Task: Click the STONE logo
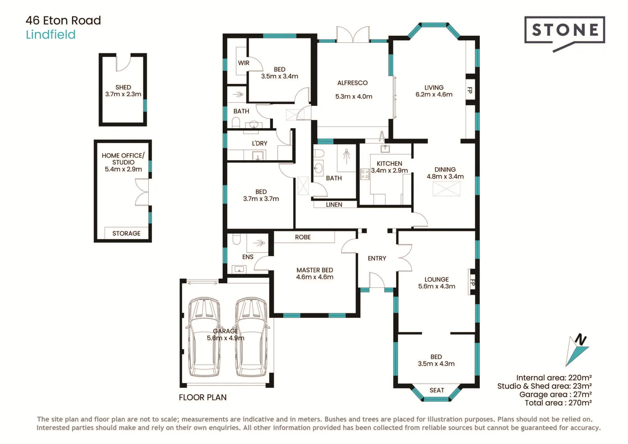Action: pos(564,30)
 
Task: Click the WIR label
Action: pos(244,63)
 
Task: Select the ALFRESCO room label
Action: pos(352,83)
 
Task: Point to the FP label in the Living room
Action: pos(470,90)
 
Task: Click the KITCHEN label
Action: pos(389,163)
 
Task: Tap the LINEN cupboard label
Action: pos(334,204)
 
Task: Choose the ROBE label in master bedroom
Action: pos(302,237)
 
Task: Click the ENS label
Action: pos(248,257)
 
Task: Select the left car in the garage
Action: pos(204,337)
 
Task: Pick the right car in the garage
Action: pos(251,337)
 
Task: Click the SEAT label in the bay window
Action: pos(436,390)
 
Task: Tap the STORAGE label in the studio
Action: pos(126,233)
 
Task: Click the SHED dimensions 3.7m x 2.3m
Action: pos(123,94)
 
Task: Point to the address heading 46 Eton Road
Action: pos(63,21)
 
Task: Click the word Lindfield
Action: pos(51,35)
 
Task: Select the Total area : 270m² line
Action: pos(558,403)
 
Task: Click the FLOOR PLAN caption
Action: pos(203,397)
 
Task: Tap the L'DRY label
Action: pos(259,143)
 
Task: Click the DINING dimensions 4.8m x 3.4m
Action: pos(445,176)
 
